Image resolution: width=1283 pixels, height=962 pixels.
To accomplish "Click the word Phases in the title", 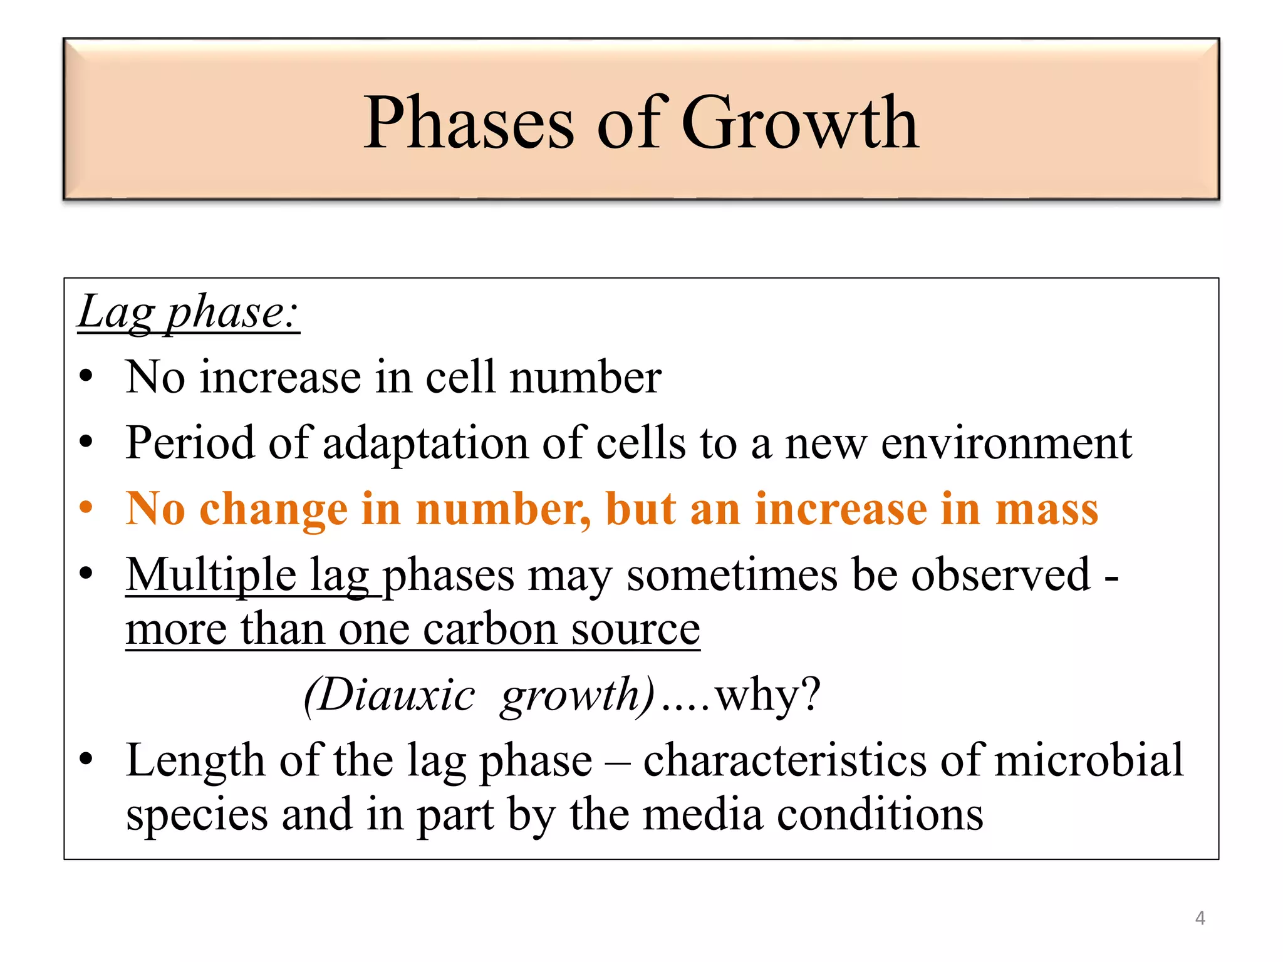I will (x=469, y=123).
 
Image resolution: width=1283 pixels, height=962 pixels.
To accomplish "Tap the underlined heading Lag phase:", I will (x=189, y=312).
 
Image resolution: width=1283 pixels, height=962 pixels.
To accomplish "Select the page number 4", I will (x=1200, y=918).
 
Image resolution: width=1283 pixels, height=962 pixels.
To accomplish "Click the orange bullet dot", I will (x=86, y=508).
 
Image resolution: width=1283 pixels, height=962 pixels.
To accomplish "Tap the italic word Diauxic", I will (x=389, y=695).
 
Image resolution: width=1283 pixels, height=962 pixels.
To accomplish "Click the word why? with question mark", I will (x=767, y=695).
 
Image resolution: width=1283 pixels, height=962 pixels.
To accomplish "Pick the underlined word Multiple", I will (x=211, y=575).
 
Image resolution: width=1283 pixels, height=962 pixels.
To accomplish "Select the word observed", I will (x=1000, y=575).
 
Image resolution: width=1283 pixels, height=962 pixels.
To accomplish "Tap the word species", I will (x=197, y=815).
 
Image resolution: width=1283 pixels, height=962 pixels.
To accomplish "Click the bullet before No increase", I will (x=86, y=377).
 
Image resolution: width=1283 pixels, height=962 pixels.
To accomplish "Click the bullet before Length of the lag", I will (x=86, y=760).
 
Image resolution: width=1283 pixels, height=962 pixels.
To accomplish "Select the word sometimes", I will (x=731, y=575).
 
